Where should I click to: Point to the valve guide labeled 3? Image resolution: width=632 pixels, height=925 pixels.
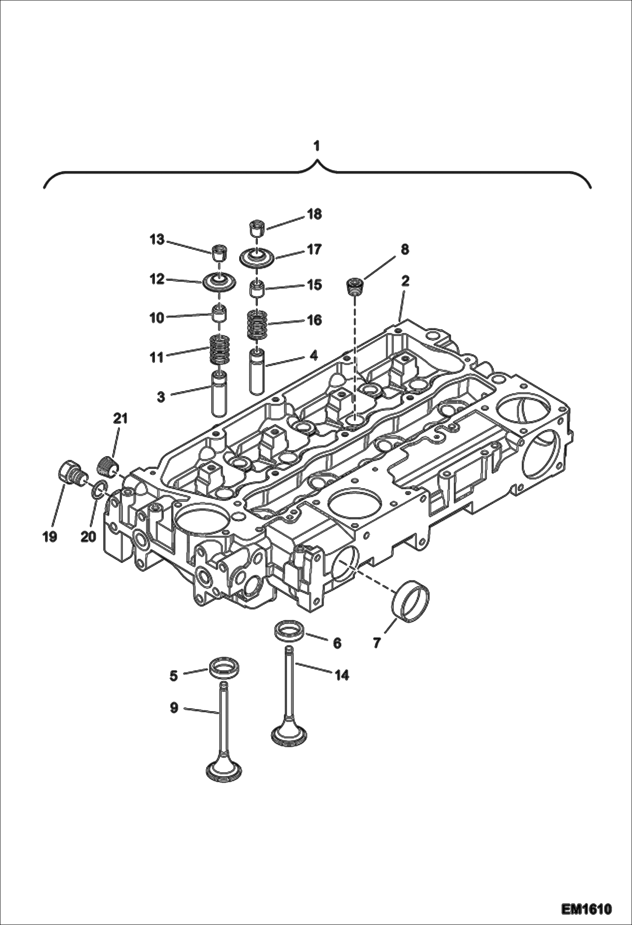pos(219,392)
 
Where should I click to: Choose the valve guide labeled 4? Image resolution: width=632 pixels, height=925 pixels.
pos(257,372)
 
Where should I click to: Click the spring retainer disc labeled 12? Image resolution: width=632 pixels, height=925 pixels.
pos(219,281)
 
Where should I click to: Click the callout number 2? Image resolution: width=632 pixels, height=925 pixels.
pos(405,281)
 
